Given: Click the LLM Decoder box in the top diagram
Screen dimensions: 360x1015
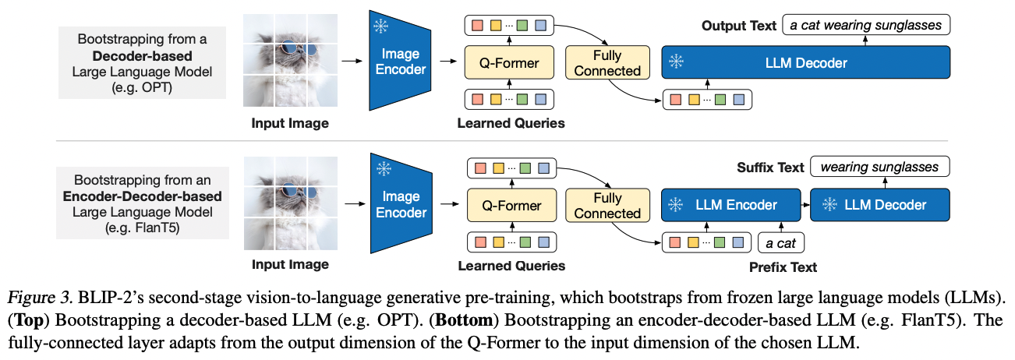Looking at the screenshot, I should click(806, 62).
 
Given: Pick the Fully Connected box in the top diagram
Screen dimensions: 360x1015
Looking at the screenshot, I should click(607, 62).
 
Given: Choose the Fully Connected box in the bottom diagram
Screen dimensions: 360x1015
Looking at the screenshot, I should click(607, 205).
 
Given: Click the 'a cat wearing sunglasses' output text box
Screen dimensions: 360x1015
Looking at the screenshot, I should click(866, 25).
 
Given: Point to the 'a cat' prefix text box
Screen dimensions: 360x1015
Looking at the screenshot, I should click(780, 243).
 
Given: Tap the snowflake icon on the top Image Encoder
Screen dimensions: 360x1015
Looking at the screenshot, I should click(380, 27).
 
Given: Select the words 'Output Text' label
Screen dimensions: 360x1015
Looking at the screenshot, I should click(739, 26).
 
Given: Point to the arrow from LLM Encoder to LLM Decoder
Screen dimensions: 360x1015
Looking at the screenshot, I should click(805, 205).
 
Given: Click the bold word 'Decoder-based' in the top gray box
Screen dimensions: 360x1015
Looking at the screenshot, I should click(142, 57).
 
